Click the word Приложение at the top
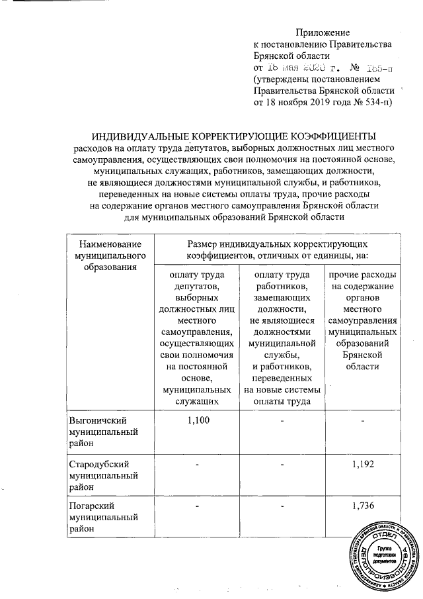(322, 32)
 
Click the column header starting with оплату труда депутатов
(196, 337)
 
